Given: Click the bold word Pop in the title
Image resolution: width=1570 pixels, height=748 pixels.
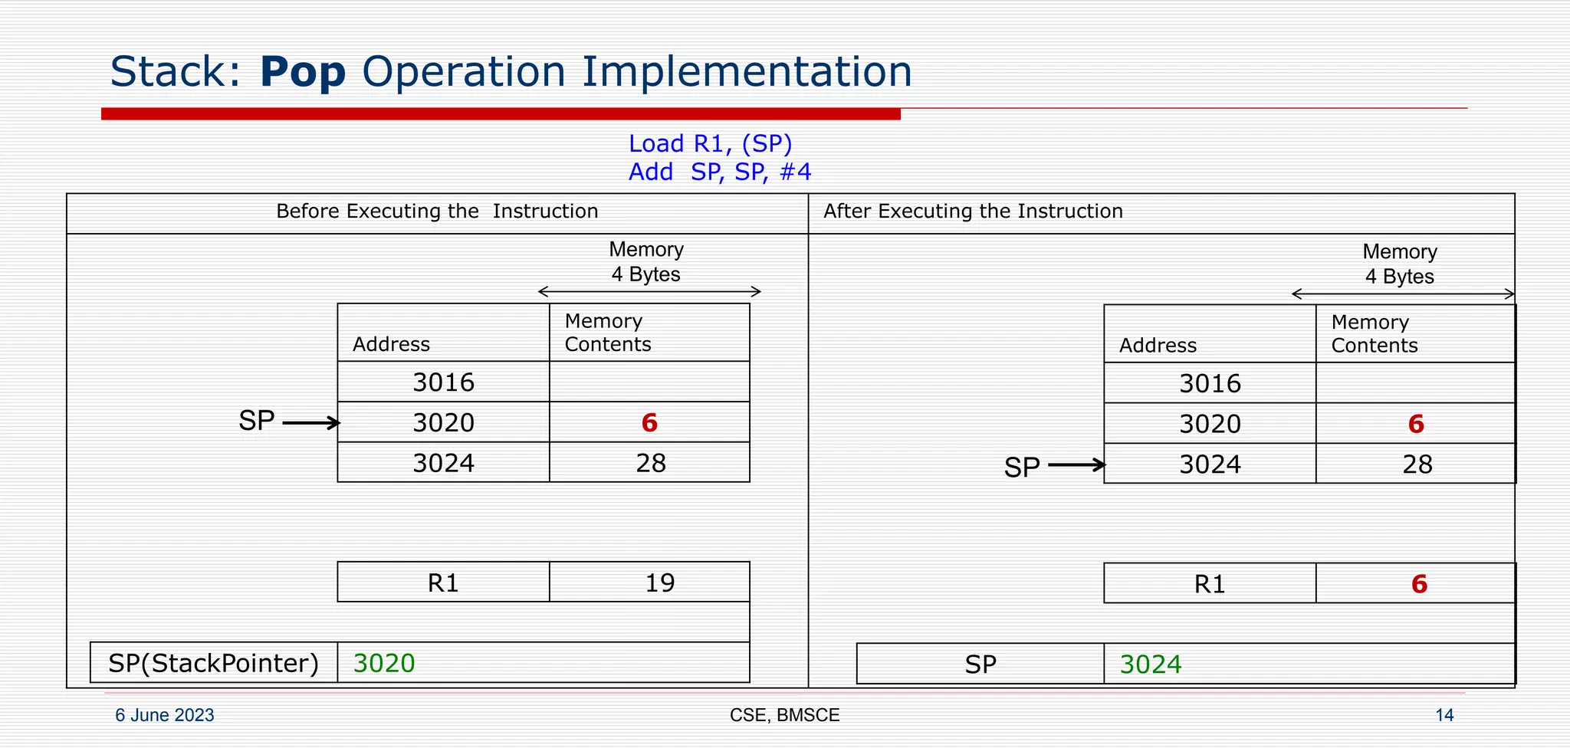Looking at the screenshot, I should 303,73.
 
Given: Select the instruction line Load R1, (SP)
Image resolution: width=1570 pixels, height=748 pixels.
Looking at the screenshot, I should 710,144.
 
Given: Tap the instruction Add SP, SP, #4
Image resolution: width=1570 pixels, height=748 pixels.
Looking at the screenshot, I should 719,172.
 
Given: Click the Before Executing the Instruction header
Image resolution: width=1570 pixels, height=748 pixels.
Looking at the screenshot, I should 437,212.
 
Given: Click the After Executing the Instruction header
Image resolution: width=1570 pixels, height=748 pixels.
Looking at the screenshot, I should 973,212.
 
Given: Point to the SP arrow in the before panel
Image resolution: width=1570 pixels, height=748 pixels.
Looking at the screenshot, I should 311,422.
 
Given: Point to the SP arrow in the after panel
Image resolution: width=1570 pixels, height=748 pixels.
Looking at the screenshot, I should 1076,465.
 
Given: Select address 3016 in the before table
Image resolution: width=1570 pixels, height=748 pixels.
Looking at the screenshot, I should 443,382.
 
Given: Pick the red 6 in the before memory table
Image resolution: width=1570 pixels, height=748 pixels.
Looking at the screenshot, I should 649,423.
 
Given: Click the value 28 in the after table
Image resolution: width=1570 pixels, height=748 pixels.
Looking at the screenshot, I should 1417,464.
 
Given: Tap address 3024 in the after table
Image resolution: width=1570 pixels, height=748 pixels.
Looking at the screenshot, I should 1210,464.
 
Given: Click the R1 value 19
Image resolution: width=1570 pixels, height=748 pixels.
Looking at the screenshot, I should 659,583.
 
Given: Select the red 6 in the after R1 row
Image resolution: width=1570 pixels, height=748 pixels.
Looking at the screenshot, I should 1419,585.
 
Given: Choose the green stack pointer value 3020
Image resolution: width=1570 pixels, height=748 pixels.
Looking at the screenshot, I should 384,664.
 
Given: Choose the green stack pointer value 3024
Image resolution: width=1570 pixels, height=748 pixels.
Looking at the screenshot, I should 1151,664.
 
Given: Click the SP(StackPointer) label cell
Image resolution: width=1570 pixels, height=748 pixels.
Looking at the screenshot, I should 213,664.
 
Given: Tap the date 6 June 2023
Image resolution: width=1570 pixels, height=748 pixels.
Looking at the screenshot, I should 164,715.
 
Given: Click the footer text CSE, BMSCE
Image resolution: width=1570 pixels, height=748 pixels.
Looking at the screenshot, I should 784,715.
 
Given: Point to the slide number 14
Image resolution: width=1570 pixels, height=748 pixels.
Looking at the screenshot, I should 1444,715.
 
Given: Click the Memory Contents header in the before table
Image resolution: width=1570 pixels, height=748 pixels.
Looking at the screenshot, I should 608,333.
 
